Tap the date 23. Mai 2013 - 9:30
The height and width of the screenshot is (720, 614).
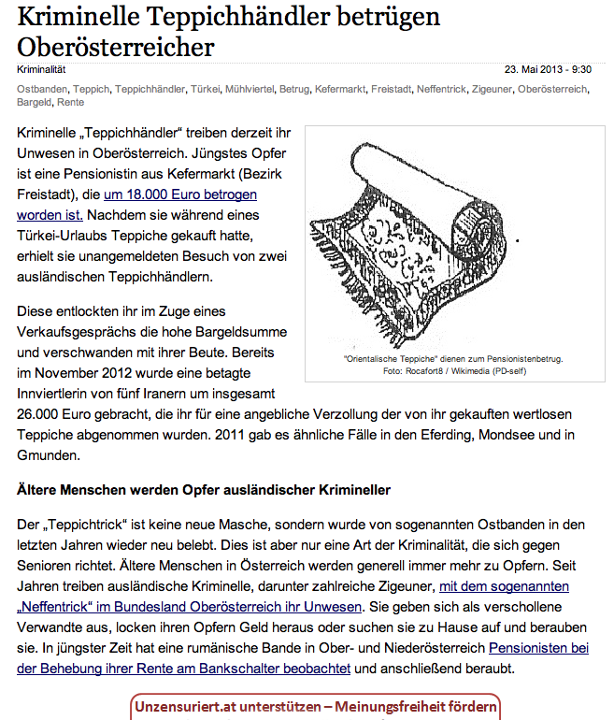pyautogui.click(x=548, y=69)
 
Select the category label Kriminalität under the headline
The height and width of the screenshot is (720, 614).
pyautogui.click(x=41, y=69)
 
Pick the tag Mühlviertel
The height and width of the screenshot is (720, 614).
pyautogui.click(x=250, y=89)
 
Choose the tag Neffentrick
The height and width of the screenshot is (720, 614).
pyautogui.click(x=445, y=89)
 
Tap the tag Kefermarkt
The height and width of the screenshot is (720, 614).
pyautogui.click(x=338, y=89)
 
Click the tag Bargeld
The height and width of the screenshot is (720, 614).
pyautogui.click(x=34, y=102)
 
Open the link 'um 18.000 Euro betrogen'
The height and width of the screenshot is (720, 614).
pyautogui.click(x=180, y=194)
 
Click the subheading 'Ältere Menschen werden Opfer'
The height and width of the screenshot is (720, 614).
pyautogui.click(x=203, y=489)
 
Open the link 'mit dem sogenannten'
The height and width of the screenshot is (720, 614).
pyautogui.click(x=504, y=586)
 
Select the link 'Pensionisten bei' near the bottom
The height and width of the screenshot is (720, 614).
pyautogui.click(x=538, y=647)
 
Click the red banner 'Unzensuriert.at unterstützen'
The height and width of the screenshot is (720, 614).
pyautogui.click(x=316, y=705)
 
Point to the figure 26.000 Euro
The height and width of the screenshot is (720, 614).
pyautogui.click(x=56, y=412)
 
